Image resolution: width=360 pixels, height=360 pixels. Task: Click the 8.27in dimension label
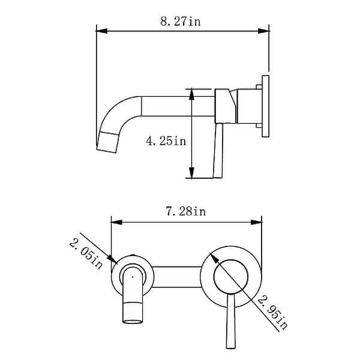180,22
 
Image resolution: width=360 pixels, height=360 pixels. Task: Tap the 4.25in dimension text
166,141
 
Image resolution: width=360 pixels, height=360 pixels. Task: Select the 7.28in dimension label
185,211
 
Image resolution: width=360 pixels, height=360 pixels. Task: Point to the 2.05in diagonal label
86,253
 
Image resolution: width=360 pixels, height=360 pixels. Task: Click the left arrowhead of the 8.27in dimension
100,31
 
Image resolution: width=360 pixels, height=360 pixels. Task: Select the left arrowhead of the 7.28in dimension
115,222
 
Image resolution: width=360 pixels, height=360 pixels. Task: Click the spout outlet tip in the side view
106,144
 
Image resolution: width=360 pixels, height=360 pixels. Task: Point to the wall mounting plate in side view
265,106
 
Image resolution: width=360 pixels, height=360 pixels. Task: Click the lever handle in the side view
217,150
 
